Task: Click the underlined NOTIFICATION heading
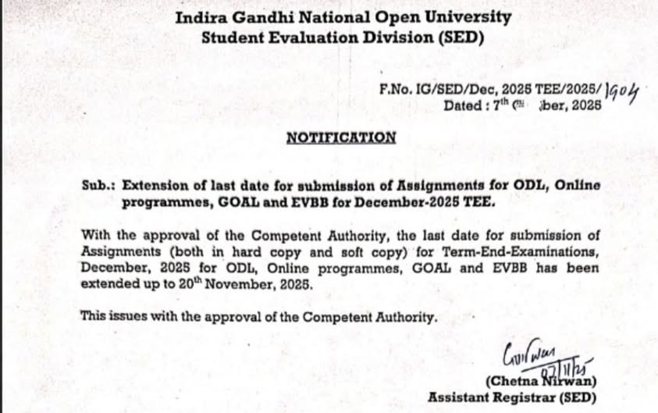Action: [341, 137]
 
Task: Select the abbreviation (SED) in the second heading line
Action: [460, 37]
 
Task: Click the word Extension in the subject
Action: [156, 186]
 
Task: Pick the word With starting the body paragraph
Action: [95, 237]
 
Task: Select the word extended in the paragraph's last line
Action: [108, 285]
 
